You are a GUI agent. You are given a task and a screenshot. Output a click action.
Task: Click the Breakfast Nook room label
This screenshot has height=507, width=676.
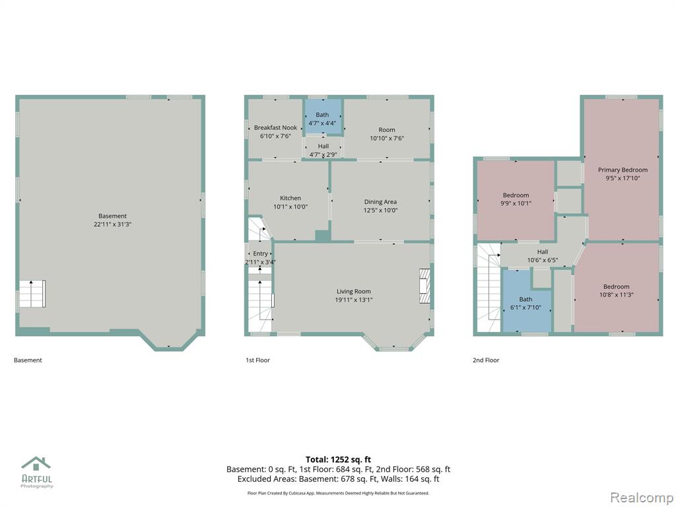click(275, 127)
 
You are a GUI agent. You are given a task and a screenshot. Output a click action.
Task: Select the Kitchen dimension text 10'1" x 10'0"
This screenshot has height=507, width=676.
click(290, 207)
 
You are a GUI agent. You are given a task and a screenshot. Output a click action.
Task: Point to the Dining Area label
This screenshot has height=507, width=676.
click(380, 202)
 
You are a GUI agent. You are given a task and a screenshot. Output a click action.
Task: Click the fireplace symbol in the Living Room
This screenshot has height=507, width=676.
click(425, 287)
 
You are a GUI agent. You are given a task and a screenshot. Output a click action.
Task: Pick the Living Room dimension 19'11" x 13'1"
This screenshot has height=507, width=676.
click(354, 300)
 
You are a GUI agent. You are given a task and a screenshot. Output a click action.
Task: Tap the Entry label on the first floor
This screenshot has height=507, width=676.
click(260, 253)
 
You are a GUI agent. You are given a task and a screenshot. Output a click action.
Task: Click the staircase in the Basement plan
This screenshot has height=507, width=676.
click(32, 294)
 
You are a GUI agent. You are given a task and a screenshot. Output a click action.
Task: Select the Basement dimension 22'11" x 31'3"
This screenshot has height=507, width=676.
click(112, 224)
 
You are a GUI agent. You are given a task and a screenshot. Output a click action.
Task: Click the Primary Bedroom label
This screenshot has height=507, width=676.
click(623, 170)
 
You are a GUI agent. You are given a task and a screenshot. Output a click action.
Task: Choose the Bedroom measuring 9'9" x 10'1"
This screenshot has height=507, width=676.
click(516, 200)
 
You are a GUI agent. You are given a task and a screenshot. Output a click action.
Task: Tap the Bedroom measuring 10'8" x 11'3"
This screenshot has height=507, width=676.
click(617, 288)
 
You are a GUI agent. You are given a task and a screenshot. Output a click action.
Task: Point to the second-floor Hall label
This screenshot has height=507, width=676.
click(543, 252)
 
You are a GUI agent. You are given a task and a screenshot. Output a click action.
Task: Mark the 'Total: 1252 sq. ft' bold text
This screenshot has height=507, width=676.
click(338, 459)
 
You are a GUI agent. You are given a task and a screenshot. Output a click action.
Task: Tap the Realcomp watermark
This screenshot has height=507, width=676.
click(641, 498)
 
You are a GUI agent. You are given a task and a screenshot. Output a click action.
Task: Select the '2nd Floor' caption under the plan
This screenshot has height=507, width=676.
click(486, 360)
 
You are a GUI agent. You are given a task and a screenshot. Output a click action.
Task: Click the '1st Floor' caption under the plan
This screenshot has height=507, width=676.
click(258, 360)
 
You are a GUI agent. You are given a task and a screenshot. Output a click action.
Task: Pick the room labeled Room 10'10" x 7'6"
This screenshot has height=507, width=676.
click(387, 129)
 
